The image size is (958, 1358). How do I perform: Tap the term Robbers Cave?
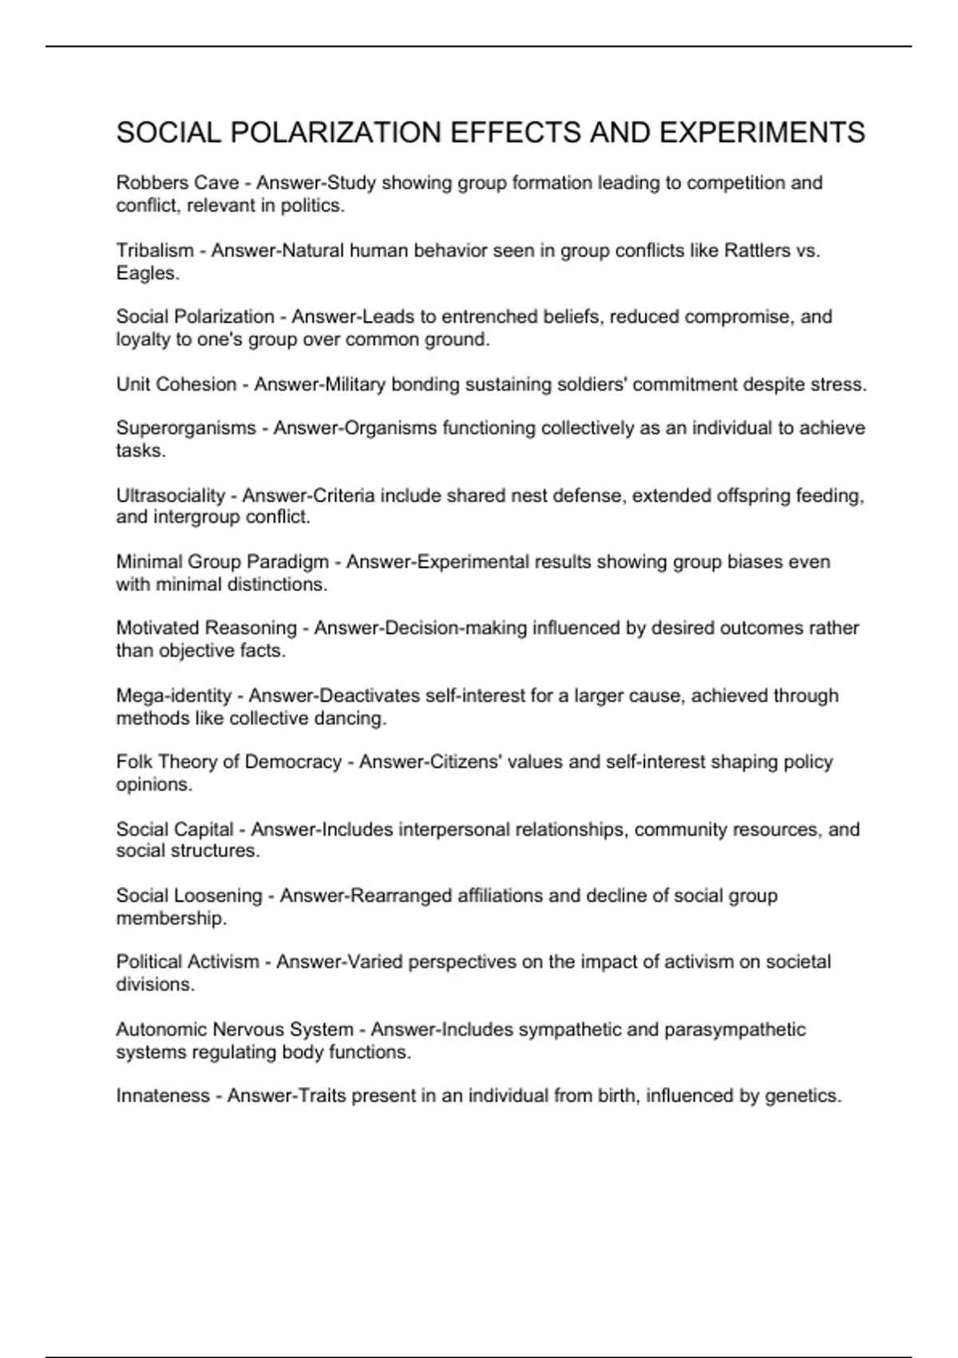[x=177, y=183]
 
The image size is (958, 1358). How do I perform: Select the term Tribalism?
[x=155, y=251]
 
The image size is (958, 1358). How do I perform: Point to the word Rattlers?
[x=757, y=251]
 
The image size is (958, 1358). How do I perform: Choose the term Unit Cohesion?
[x=176, y=384]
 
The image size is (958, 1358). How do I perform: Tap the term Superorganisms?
[x=186, y=428]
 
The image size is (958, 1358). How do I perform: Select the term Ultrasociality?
[x=170, y=496]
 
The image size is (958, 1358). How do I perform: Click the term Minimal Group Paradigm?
[x=222, y=562]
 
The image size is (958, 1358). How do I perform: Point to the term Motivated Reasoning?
[x=206, y=629]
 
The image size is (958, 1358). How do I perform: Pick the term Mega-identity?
[x=173, y=696]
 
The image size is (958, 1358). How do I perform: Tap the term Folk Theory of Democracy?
[x=228, y=762]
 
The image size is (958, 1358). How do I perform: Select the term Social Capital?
[x=175, y=830]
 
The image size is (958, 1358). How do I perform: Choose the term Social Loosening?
[x=188, y=896]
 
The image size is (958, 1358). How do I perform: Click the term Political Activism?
[x=188, y=962]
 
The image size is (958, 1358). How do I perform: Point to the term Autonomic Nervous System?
[x=235, y=1030]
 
